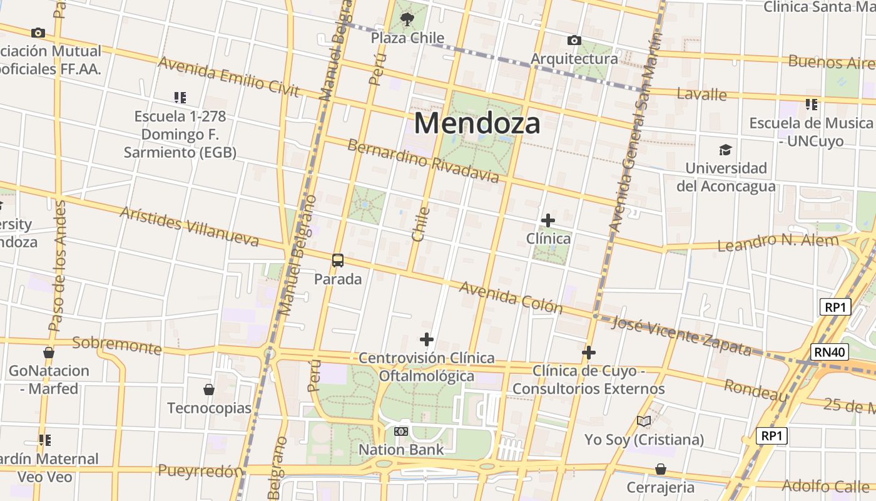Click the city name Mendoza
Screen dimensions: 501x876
point(477,123)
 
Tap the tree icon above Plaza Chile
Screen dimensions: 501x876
point(407,19)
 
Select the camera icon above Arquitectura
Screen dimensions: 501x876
point(574,41)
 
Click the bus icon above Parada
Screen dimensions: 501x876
point(338,261)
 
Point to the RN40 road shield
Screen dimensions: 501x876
point(830,352)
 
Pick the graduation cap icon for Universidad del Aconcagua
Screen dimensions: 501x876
point(725,150)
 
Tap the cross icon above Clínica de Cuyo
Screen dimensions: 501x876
point(588,353)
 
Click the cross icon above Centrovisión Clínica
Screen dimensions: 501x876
point(427,340)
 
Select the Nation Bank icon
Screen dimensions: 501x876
point(401,431)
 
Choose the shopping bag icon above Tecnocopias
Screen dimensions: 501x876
point(209,390)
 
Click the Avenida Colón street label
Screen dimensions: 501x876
point(511,297)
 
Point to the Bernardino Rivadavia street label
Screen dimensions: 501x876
point(423,161)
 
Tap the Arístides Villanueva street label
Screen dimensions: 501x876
point(189,226)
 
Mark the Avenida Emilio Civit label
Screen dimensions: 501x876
point(229,77)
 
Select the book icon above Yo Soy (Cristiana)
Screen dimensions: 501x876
point(644,421)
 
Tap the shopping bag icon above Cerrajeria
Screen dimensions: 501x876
point(660,469)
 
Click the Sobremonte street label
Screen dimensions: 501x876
point(117,344)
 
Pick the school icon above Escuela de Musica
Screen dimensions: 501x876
point(812,104)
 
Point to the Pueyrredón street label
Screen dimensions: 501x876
point(200,471)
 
